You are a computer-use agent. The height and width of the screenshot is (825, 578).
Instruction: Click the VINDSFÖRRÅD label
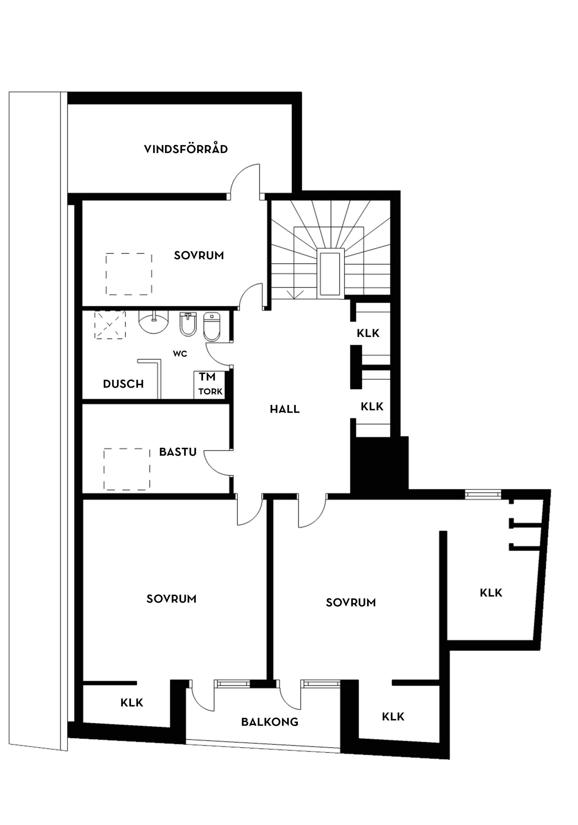tap(186, 149)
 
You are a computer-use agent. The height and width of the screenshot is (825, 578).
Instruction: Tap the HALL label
tap(284, 409)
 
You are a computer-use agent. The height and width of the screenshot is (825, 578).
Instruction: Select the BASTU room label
tap(178, 452)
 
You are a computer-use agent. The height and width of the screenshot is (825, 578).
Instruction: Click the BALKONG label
tap(269, 722)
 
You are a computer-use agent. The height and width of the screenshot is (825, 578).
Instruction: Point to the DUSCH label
tap(123, 384)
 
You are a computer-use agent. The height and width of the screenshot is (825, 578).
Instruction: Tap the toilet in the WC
tap(212, 326)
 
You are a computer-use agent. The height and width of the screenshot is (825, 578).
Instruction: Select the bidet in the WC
tap(188, 324)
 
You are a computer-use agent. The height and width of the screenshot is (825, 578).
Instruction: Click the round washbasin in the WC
tap(154, 321)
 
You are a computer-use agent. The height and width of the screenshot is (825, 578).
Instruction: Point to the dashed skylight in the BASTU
tap(127, 469)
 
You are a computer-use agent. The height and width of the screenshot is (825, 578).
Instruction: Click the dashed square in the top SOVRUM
tap(129, 274)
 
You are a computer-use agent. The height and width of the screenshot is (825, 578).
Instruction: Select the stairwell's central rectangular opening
tap(330, 273)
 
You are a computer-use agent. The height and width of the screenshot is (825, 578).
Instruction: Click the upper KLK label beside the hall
tap(368, 333)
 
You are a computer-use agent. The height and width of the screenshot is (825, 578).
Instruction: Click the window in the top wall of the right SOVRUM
tap(482, 495)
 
